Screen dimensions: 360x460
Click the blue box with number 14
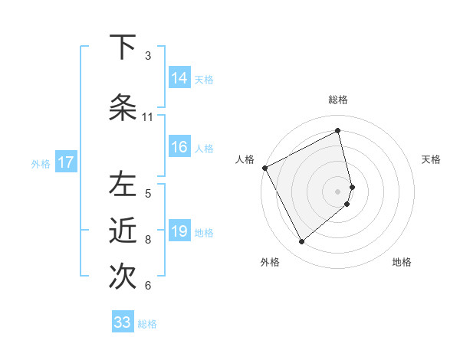(x=179, y=78)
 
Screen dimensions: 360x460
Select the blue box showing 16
(x=179, y=147)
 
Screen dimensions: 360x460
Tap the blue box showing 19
(x=179, y=231)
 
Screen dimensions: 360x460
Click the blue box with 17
(x=65, y=162)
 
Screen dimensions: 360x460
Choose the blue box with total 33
(x=123, y=322)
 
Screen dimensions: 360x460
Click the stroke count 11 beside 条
(x=147, y=117)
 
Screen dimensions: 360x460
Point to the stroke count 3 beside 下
(x=147, y=56)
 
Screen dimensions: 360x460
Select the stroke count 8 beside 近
(x=147, y=240)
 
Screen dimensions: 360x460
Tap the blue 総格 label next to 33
(x=147, y=324)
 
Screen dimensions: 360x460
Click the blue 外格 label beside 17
(x=41, y=163)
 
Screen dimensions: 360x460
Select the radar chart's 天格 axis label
(x=431, y=159)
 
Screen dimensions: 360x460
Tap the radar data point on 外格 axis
(x=301, y=241)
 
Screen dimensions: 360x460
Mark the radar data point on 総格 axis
(x=338, y=131)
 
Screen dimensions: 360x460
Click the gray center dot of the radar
(x=338, y=191)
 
